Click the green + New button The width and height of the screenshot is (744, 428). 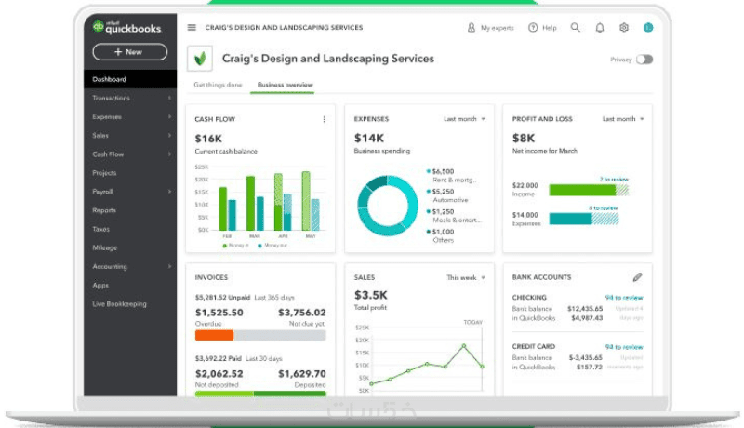click(x=130, y=52)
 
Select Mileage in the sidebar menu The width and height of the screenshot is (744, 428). click(x=104, y=247)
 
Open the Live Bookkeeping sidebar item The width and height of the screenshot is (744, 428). click(x=119, y=303)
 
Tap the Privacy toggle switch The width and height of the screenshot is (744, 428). click(x=644, y=60)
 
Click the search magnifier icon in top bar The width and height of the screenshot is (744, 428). click(x=576, y=28)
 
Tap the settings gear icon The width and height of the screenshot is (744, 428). click(x=624, y=28)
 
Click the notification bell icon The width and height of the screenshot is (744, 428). click(x=600, y=28)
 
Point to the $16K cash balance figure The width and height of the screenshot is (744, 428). click(x=208, y=138)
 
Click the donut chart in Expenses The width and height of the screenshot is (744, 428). click(x=387, y=205)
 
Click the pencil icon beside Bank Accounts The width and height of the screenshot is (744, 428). click(x=637, y=277)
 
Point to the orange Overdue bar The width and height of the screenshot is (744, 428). click(x=214, y=335)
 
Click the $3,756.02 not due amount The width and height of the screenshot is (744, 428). click(x=302, y=313)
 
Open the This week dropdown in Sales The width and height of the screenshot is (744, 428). click(x=466, y=277)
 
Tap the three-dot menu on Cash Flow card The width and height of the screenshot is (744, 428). click(x=324, y=119)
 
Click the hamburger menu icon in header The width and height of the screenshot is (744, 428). click(x=192, y=28)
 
